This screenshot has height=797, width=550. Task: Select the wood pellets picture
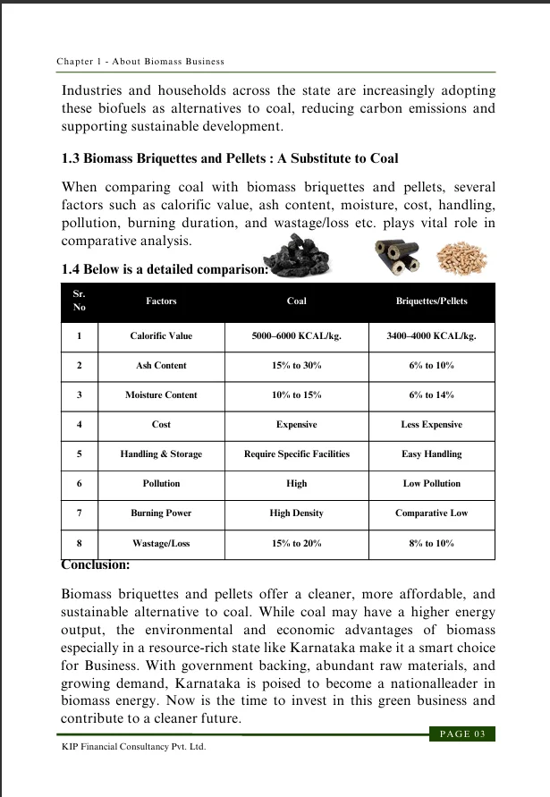pyautogui.click(x=463, y=259)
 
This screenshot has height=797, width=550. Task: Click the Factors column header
pyautogui.click(x=161, y=301)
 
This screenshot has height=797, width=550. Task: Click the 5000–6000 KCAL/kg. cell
pyautogui.click(x=297, y=336)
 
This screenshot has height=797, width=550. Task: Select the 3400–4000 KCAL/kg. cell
pyautogui.click(x=431, y=336)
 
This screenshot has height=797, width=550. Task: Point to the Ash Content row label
pyautogui.click(x=161, y=366)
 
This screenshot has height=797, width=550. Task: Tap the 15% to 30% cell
pyautogui.click(x=297, y=366)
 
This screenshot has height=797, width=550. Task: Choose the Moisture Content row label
pyautogui.click(x=161, y=394)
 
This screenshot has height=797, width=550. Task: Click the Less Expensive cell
pyautogui.click(x=431, y=425)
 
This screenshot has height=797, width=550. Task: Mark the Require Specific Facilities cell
pyautogui.click(x=297, y=454)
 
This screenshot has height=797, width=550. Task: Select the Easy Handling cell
pyautogui.click(x=431, y=454)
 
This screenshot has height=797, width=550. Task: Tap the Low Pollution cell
pyautogui.click(x=431, y=483)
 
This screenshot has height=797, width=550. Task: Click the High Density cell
pyautogui.click(x=297, y=513)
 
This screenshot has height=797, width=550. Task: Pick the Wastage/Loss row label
pyautogui.click(x=161, y=543)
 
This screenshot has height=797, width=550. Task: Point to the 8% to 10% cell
pyautogui.click(x=431, y=543)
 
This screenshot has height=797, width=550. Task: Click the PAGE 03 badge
pyautogui.click(x=462, y=734)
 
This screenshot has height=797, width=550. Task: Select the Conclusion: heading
pyautogui.click(x=96, y=565)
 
